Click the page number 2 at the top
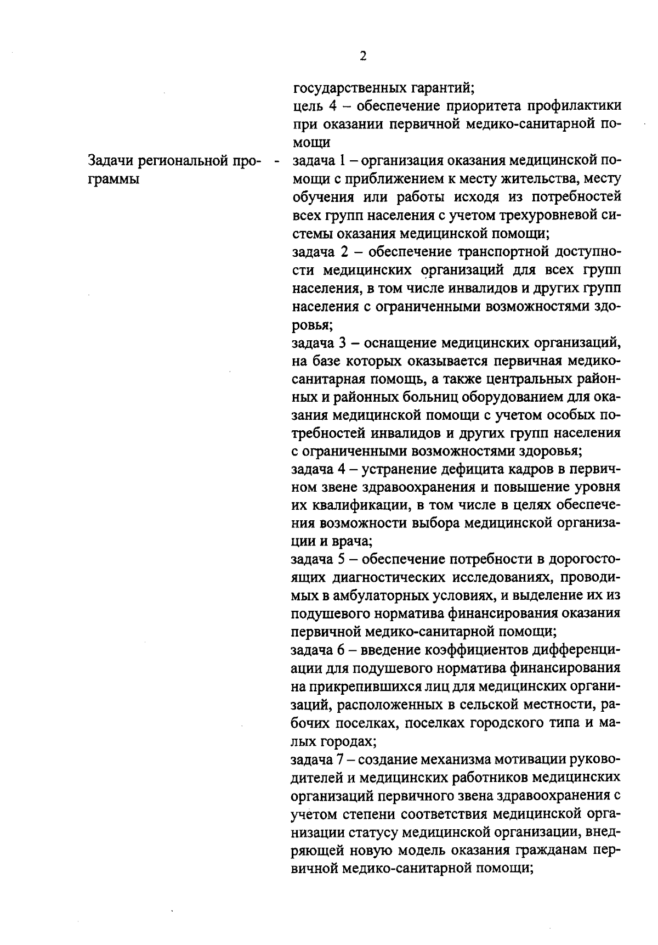(x=363, y=56)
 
